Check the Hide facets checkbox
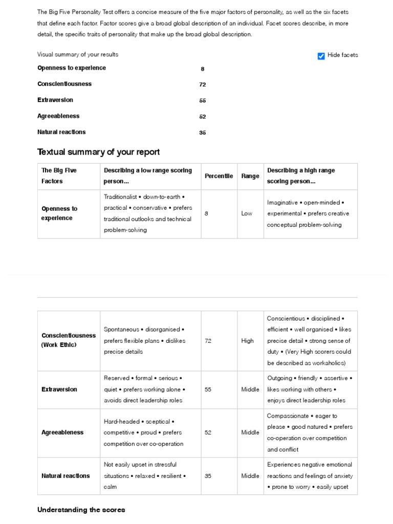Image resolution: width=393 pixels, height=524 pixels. coord(321,56)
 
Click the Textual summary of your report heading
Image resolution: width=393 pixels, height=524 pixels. coord(98,152)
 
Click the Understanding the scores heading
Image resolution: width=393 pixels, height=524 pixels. coord(81,510)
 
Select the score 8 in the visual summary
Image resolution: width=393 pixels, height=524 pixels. coord(203,69)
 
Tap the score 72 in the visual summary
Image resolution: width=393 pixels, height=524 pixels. coord(203,84)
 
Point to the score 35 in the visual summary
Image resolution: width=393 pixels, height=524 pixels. coord(203,133)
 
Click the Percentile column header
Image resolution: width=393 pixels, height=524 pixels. coord(219,176)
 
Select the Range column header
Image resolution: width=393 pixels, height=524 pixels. coord(250,176)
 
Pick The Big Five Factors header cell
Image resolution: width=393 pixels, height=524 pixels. coord(59,176)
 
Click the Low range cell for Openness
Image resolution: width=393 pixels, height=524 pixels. coord(247,213)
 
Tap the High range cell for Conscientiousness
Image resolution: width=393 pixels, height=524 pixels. coord(247,341)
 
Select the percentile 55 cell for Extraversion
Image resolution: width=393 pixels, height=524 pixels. coord(208,389)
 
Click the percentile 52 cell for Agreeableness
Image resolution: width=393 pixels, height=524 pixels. coord(208,432)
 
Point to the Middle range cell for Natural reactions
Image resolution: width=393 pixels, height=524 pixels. coord(250,476)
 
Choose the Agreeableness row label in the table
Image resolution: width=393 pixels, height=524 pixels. coord(62,432)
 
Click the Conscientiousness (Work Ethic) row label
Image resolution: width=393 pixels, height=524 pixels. coord(68,340)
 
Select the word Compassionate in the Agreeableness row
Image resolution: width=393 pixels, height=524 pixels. coord(288,416)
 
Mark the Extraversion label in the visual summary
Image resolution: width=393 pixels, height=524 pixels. coord(55,100)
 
